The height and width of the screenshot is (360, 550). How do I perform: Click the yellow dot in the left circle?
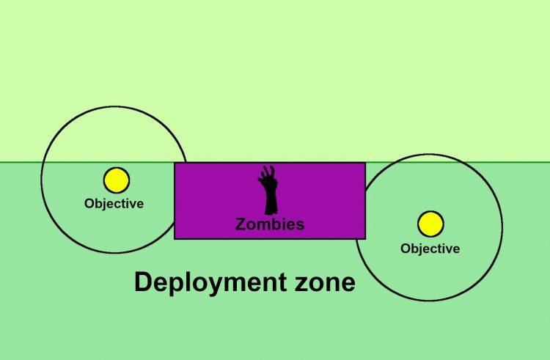tap(116, 180)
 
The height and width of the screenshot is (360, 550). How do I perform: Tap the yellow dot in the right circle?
tap(430, 224)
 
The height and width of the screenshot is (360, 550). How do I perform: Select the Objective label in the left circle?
tap(114, 203)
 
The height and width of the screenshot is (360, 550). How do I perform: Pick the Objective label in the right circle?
tap(430, 249)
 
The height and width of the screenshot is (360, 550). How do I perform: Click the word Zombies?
tap(269, 224)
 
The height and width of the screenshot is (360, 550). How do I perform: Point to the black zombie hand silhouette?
tap(268, 190)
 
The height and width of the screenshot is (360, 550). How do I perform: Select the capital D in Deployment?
tap(142, 282)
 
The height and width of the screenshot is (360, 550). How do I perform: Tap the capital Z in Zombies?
tap(240, 224)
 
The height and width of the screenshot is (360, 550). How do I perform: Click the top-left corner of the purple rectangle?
tap(175, 163)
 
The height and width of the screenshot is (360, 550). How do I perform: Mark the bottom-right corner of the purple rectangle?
tap(364, 238)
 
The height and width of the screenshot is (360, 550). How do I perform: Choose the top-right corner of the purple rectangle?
tap(364, 163)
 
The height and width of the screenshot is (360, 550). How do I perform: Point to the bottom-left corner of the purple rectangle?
tap(175, 238)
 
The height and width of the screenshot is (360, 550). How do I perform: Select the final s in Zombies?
tap(300, 225)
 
